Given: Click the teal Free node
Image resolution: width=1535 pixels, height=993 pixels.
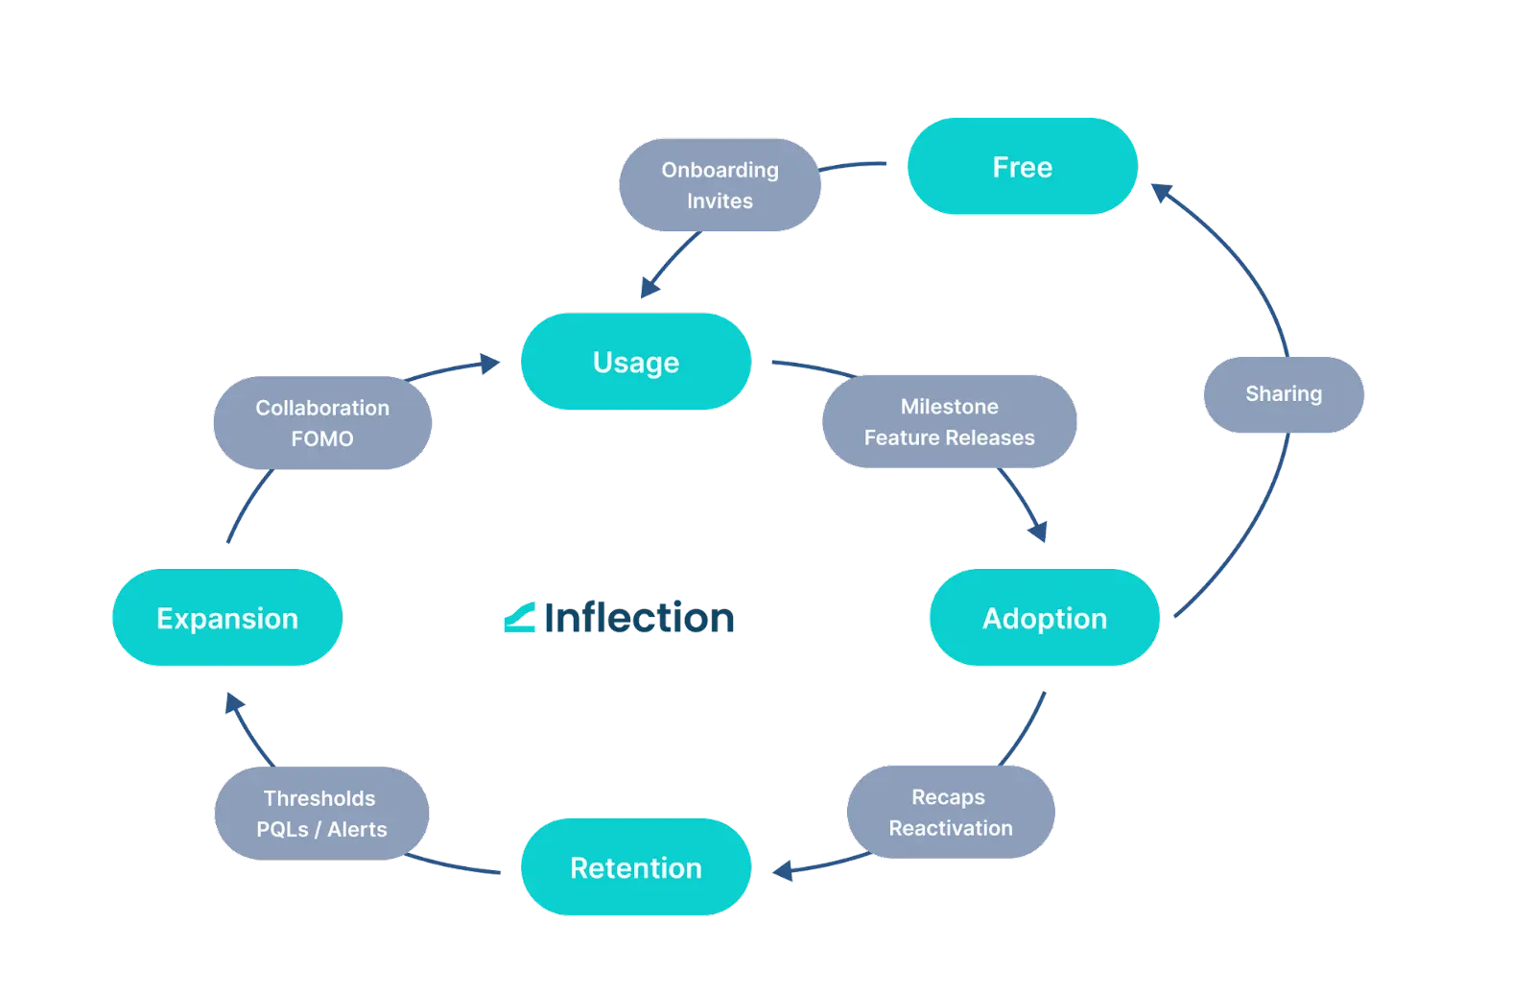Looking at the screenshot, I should (x=1022, y=167).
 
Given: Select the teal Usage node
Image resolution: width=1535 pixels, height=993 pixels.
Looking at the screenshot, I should (x=635, y=363).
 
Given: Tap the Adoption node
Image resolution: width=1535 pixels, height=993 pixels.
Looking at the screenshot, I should (x=1044, y=619).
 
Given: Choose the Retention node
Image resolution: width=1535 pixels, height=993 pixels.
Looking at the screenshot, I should (x=635, y=868).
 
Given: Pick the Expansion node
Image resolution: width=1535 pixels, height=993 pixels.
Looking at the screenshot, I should (x=227, y=619).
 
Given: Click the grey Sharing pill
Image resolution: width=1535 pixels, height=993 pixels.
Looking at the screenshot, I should (x=1284, y=394).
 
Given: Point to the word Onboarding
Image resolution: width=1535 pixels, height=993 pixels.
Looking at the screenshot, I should (x=720, y=170).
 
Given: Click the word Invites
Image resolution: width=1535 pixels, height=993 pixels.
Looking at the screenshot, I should (x=720, y=201).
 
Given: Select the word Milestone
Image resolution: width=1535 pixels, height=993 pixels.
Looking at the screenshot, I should (x=949, y=407).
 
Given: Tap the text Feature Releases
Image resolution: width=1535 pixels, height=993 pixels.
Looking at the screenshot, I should (x=949, y=438).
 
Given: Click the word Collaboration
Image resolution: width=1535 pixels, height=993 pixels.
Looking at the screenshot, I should (x=322, y=408).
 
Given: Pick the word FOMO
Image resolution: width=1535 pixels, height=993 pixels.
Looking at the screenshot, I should (x=322, y=439).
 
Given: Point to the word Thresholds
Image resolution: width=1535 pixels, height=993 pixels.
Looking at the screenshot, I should (x=319, y=798).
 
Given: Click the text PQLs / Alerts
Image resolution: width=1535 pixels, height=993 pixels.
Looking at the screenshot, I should (x=321, y=830).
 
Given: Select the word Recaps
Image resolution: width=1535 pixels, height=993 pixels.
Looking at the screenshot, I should (x=948, y=797).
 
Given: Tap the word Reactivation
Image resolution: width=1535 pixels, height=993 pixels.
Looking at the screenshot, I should (x=950, y=829).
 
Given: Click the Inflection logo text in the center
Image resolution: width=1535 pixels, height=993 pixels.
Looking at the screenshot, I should (x=639, y=619).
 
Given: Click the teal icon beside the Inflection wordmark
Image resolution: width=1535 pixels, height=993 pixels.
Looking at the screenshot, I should (x=518, y=619).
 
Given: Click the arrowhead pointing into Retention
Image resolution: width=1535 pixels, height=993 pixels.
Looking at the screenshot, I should (x=782, y=871).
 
